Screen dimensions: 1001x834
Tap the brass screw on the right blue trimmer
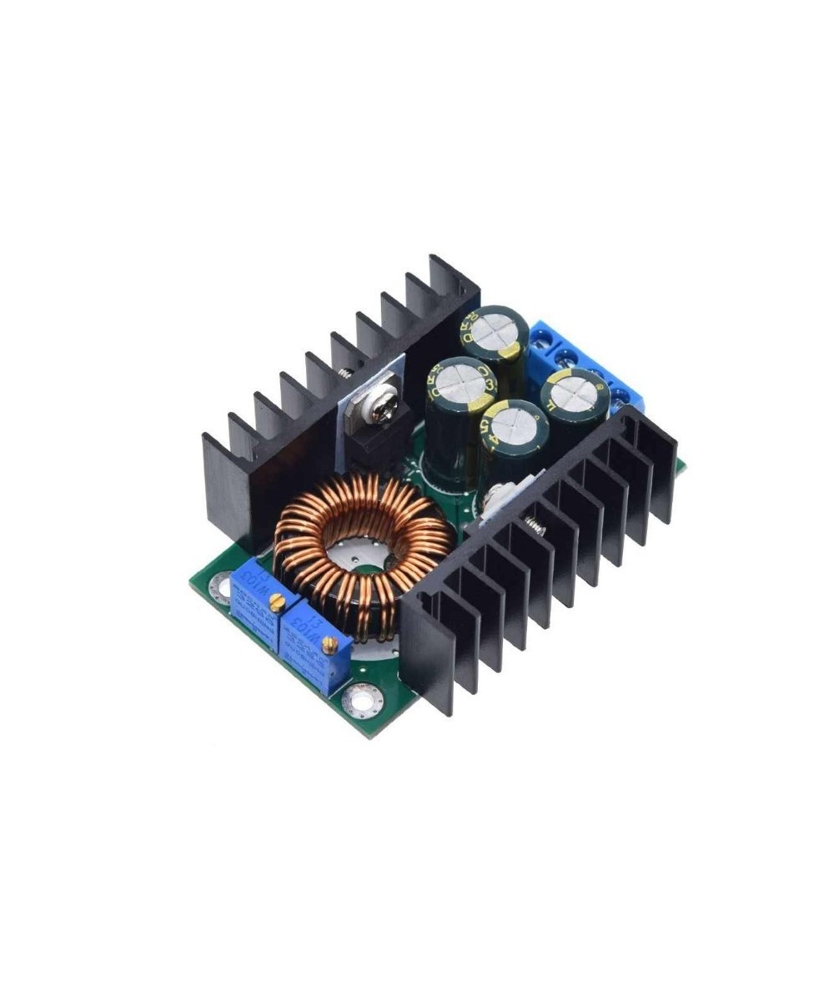329,643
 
